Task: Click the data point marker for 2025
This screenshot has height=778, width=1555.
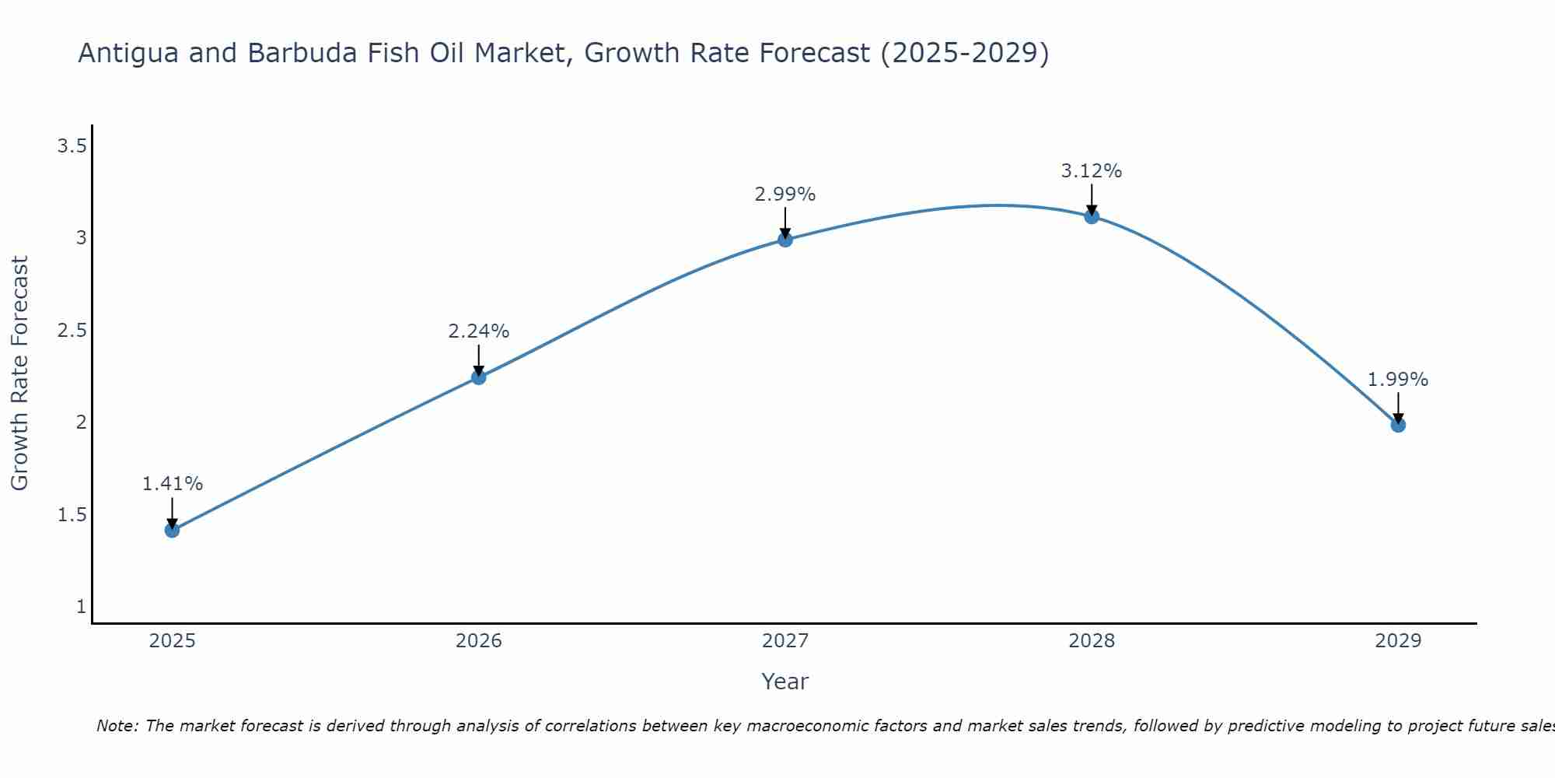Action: [172, 531]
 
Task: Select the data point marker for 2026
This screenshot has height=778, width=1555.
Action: [478, 377]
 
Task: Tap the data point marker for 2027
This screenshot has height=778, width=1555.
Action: [785, 240]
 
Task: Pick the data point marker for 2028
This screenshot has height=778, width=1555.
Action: [1092, 216]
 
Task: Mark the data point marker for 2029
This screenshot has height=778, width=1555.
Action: [1398, 425]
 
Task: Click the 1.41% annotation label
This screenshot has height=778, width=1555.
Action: [172, 484]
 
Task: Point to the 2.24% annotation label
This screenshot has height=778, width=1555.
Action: [478, 331]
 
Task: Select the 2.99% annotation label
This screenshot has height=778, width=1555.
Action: [785, 194]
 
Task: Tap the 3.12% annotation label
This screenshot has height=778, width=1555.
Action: [1092, 171]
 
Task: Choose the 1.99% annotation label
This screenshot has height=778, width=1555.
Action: [1398, 380]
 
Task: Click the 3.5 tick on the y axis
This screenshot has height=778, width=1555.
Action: [72, 145]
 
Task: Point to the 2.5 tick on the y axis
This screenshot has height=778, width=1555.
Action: [72, 331]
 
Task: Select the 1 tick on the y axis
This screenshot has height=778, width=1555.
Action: [81, 607]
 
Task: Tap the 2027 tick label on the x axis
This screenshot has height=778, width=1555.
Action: [785, 641]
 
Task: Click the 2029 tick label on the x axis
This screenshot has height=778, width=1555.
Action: [1398, 641]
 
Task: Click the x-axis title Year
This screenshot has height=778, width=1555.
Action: [785, 682]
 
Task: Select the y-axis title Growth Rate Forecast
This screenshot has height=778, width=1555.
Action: [19, 373]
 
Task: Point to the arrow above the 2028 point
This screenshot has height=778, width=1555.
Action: [1092, 200]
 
